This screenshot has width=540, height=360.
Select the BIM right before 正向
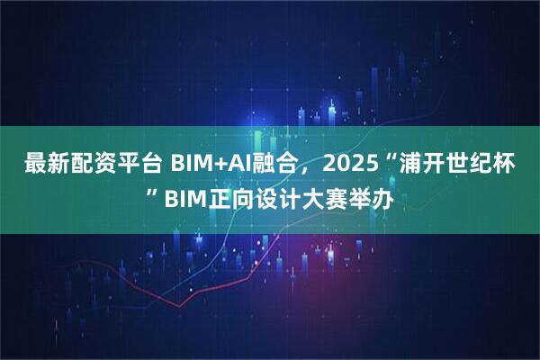[x=183, y=194]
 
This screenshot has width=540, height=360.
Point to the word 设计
[x=275, y=194]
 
